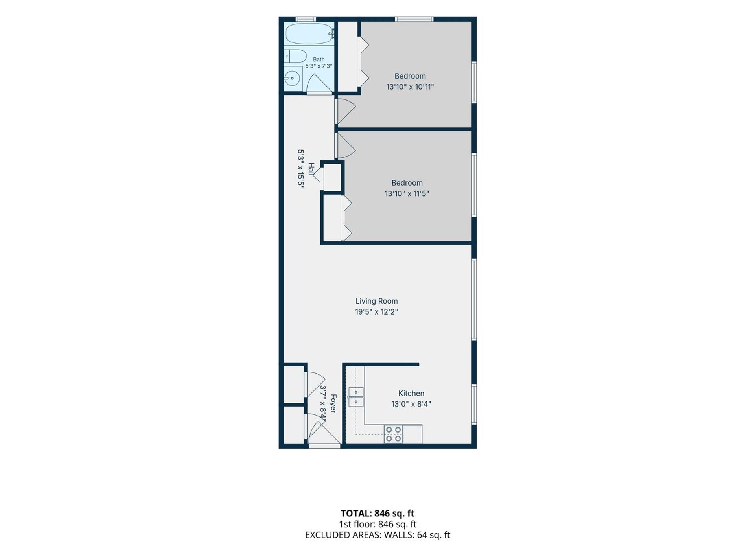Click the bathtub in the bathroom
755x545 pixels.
point(309,34)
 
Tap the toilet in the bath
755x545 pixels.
point(295,56)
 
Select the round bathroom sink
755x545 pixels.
point(292,79)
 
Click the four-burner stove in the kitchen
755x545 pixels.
point(393,434)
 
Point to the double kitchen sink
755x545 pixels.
point(355,397)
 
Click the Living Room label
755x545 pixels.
point(376,301)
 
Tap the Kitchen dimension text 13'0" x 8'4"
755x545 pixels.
point(411,404)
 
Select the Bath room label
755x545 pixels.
point(319,59)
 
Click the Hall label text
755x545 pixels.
point(311,169)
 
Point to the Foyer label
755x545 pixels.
point(333,403)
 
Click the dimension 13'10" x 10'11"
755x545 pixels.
point(410,87)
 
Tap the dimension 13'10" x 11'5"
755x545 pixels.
point(407,193)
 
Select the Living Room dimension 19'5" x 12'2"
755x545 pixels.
point(376,312)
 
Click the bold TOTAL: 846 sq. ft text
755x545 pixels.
point(377,513)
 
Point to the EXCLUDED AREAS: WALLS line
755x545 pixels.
point(377,535)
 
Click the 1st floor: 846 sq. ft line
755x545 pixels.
point(377,524)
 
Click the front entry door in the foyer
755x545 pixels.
point(324,446)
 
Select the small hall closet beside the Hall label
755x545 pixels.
point(332,177)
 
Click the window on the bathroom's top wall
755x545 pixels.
point(306,18)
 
